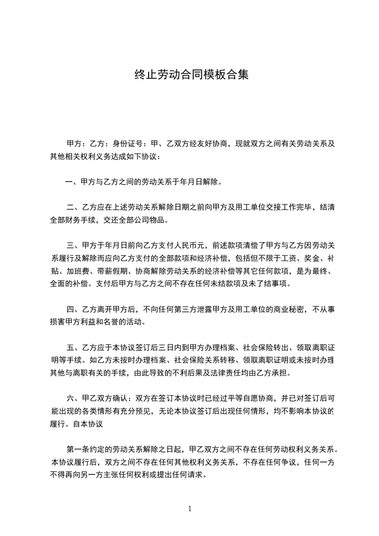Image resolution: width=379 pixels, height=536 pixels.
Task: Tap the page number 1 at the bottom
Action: pyautogui.click(x=190, y=509)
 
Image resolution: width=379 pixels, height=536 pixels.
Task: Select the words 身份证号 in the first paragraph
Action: pyautogui.click(x=129, y=143)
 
